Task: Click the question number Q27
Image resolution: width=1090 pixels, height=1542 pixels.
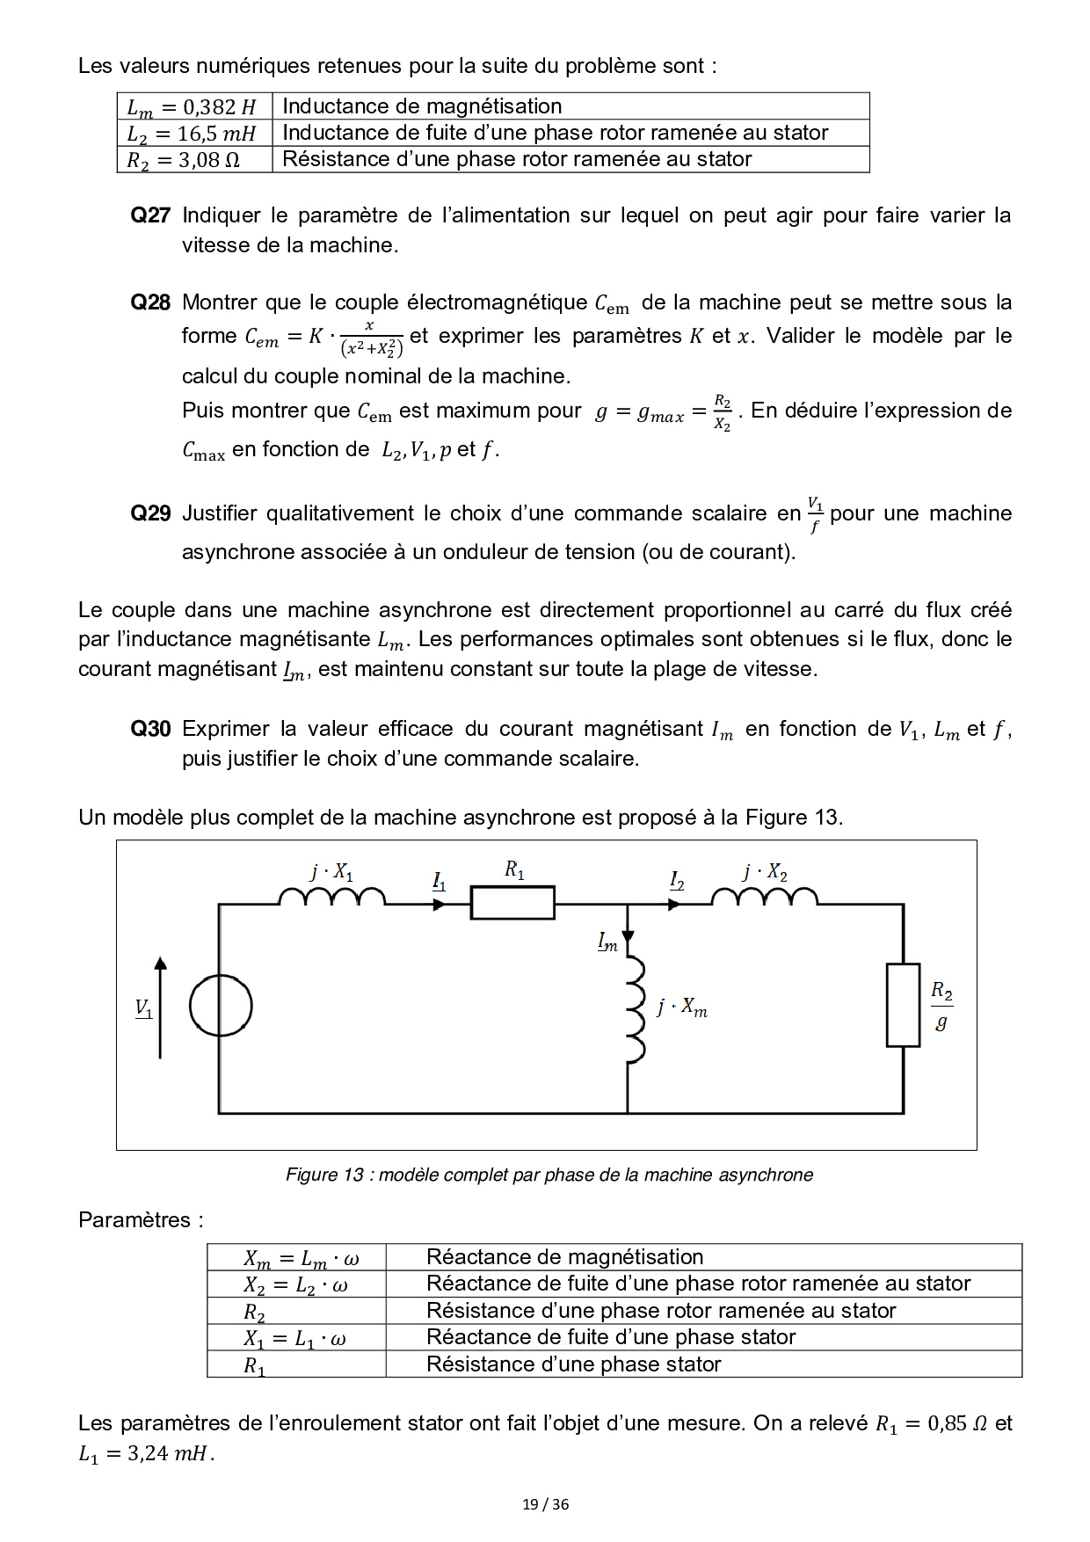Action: click(x=150, y=215)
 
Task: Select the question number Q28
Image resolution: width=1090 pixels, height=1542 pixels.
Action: click(x=150, y=302)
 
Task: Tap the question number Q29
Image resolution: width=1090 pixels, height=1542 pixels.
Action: click(x=150, y=513)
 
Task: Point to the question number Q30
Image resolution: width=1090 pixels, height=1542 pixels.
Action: click(x=150, y=729)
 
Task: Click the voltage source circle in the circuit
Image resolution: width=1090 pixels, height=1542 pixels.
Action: click(x=221, y=1006)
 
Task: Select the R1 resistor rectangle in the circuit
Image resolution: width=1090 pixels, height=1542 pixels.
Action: click(x=512, y=903)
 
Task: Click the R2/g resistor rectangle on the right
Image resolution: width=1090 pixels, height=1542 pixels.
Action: click(x=903, y=1005)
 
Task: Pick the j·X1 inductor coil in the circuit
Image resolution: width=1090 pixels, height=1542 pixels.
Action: click(x=331, y=896)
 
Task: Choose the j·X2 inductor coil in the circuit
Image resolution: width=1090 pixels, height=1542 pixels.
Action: click(x=764, y=896)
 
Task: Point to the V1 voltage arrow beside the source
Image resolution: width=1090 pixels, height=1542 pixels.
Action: click(x=160, y=1007)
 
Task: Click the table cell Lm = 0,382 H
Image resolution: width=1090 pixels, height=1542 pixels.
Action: click(x=193, y=107)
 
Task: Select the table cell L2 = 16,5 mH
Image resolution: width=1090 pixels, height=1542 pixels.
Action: click(x=193, y=134)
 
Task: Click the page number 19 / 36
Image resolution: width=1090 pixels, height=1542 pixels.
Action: click(x=545, y=1504)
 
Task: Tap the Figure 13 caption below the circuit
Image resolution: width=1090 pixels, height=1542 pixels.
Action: click(x=549, y=1175)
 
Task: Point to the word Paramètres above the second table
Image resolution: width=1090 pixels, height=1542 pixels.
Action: click(x=134, y=1220)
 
